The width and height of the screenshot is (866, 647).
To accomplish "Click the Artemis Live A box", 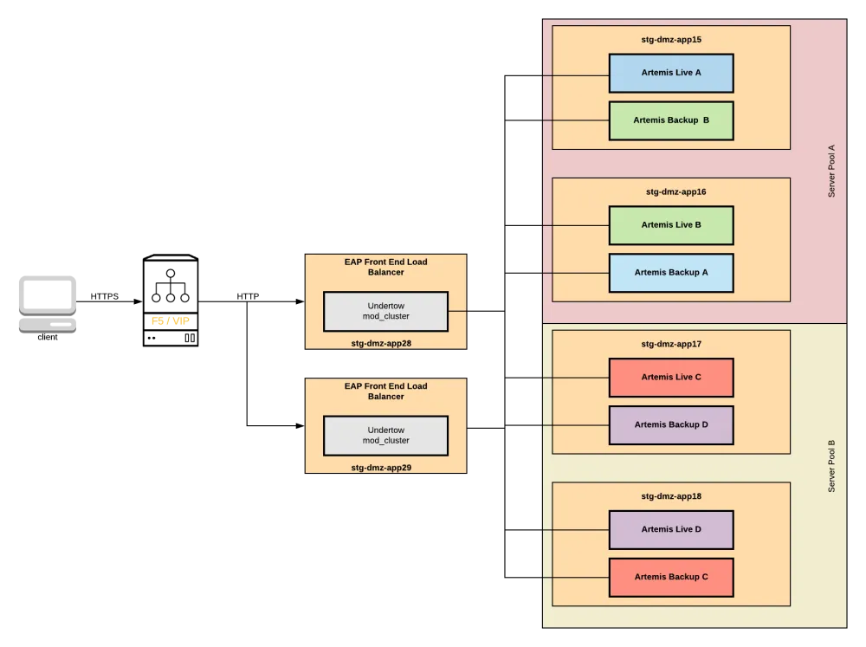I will (x=671, y=73).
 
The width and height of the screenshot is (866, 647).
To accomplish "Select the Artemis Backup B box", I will (x=671, y=120).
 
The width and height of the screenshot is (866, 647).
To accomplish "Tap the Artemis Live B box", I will (x=671, y=225).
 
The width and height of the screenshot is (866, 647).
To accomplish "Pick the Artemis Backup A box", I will (x=671, y=273).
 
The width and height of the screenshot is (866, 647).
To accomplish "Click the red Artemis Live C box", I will (x=671, y=378).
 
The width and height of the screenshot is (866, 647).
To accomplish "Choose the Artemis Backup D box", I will (x=671, y=425).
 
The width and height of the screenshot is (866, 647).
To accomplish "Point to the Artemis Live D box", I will (x=671, y=529).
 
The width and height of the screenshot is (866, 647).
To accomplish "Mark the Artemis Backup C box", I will (x=671, y=577).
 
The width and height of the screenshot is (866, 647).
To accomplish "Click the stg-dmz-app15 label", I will (x=671, y=40).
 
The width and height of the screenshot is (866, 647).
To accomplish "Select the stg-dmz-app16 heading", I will (x=671, y=192).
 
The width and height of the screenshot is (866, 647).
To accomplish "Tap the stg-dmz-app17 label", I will (x=671, y=344).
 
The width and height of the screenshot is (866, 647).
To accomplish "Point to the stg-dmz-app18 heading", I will (x=671, y=496).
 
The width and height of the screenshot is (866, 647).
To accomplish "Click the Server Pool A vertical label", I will (x=831, y=171).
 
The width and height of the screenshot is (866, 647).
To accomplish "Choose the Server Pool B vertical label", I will (x=831, y=466).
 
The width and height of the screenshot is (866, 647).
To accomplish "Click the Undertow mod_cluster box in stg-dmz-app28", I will (x=385, y=311).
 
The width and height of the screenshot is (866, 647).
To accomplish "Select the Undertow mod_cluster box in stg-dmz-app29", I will (x=385, y=436).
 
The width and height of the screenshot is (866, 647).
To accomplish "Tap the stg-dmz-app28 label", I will (x=381, y=343).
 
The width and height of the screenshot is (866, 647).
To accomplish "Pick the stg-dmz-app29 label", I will (x=381, y=468).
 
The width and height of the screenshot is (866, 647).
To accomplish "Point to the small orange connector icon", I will (x=170, y=320).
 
